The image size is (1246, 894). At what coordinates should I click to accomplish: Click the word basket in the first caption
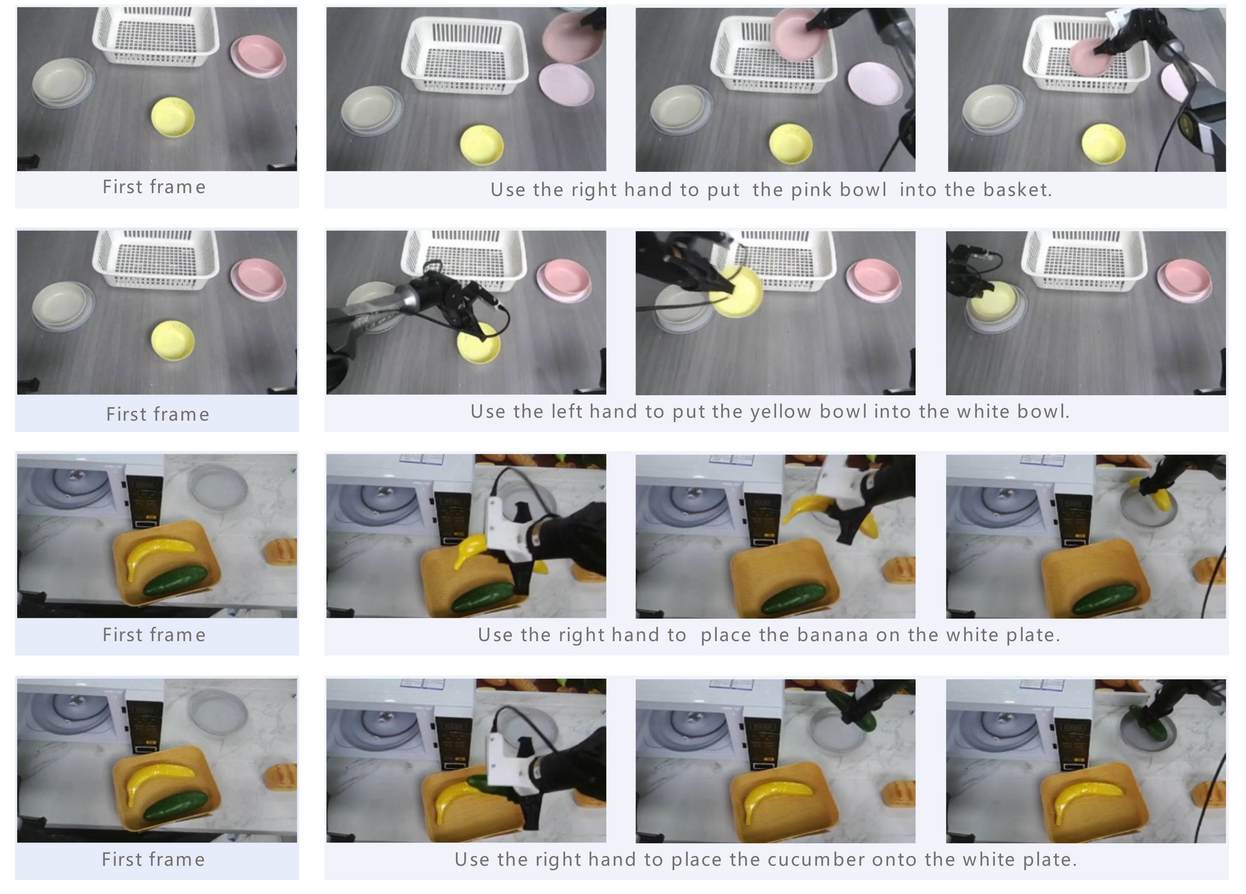(1017, 190)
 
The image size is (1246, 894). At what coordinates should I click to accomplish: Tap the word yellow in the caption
(781, 412)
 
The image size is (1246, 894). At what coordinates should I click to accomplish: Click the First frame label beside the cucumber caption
(154, 859)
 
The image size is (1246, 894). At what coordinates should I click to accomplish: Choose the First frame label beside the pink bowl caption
(155, 187)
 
